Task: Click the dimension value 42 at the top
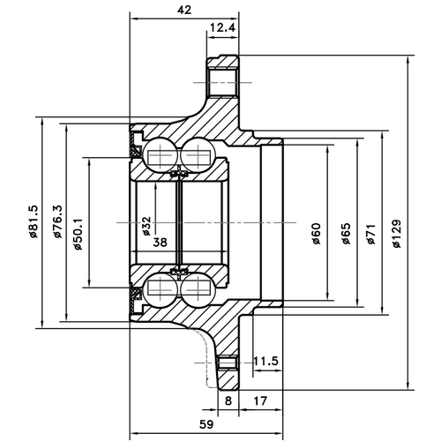point(184,10)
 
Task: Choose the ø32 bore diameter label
point(146,227)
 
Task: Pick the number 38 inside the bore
point(160,241)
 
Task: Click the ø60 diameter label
point(316,233)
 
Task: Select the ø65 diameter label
point(345,233)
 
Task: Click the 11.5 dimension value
point(265,362)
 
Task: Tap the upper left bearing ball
point(160,156)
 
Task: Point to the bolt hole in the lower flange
point(228,362)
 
